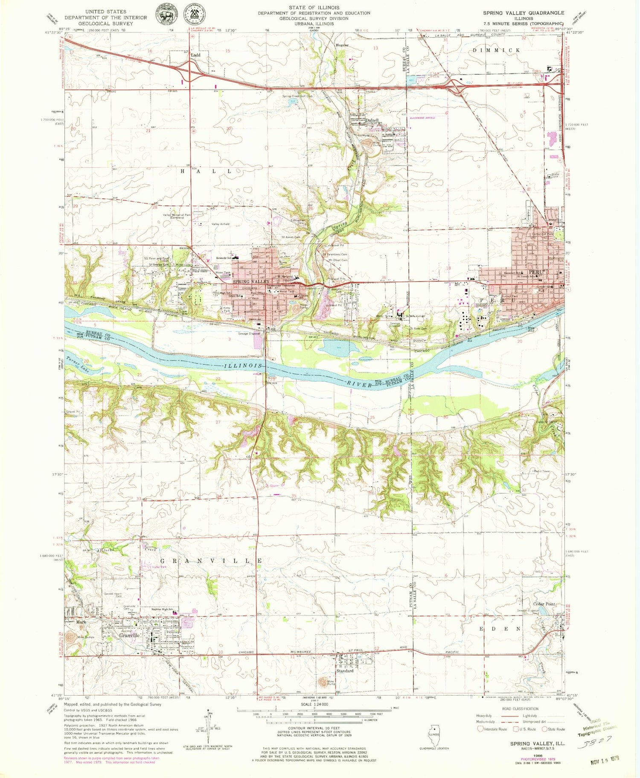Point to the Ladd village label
[195, 55]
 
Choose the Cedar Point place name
[544, 604]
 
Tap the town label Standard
[345, 671]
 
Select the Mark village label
[81, 622]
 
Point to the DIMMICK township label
[496, 50]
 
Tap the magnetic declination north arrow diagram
[209, 727]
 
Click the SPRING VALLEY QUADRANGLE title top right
[524, 13]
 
